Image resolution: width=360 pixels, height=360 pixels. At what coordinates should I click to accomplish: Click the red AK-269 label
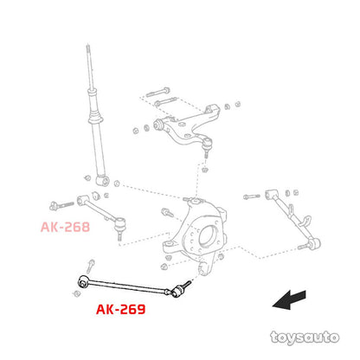[120, 310]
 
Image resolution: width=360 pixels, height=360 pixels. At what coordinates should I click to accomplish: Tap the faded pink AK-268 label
[65, 227]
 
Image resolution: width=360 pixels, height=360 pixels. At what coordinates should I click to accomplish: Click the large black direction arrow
[289, 300]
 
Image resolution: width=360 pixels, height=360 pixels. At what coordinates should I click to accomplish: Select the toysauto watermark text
[305, 337]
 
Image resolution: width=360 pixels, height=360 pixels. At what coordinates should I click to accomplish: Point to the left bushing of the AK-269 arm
[83, 280]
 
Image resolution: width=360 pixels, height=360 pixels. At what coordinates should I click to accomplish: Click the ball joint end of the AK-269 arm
[178, 291]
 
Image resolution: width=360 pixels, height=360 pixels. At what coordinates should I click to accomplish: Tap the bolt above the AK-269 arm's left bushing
[91, 266]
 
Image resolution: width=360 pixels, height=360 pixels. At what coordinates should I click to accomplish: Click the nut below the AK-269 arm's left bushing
[76, 293]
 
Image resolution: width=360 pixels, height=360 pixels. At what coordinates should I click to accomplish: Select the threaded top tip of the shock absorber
[88, 49]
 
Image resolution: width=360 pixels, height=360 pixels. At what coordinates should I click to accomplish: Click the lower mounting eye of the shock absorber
[103, 181]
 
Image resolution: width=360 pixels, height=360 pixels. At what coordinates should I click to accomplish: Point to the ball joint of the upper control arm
[207, 145]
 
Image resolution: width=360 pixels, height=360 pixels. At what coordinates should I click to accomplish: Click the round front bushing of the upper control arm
[158, 124]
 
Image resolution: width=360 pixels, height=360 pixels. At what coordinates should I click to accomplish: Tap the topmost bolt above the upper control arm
[157, 92]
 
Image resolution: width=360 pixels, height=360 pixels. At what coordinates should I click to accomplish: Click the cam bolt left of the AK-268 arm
[61, 205]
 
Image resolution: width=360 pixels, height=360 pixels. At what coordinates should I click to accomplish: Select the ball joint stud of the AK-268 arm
[119, 235]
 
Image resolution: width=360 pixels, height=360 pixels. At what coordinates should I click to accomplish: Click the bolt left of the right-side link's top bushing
[251, 196]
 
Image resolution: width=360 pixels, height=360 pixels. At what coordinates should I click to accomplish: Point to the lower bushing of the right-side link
[314, 244]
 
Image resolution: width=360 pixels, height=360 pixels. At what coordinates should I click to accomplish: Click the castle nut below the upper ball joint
[205, 170]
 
